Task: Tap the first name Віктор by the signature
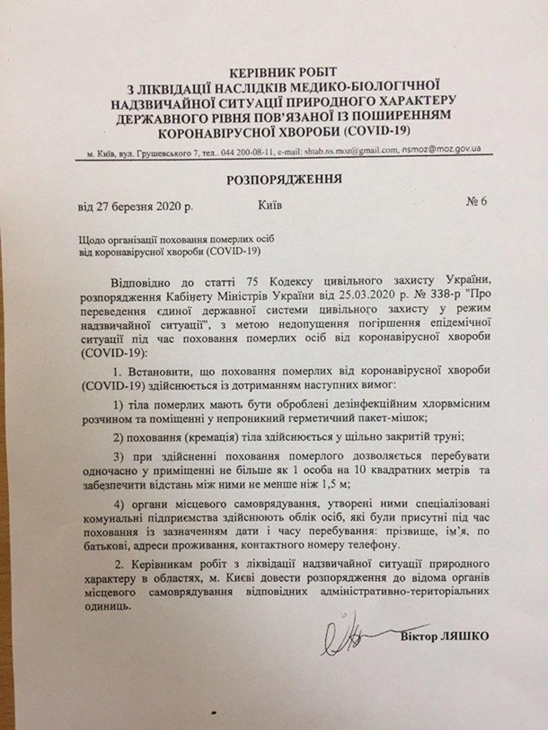click(x=419, y=638)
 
